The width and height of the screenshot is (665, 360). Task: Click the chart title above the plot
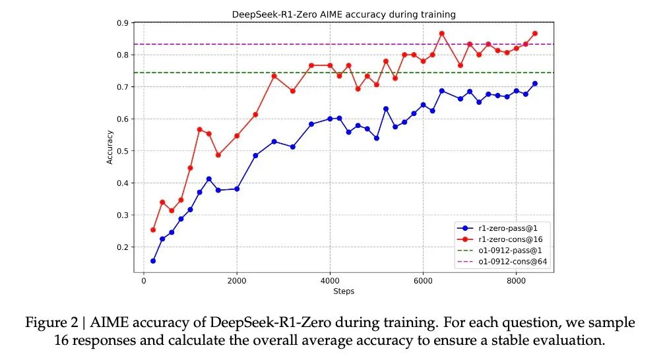tap(344, 14)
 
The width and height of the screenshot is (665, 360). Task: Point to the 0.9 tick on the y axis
tap(123, 23)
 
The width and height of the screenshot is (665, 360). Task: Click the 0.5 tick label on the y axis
tap(123, 151)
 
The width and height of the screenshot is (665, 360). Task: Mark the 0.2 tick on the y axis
tap(123, 247)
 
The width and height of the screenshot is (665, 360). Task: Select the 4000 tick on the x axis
tap(330, 280)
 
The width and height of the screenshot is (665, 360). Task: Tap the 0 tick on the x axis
tap(143, 280)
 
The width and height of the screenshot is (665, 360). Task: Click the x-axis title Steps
tap(344, 291)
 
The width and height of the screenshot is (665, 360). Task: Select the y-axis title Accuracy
tap(110, 147)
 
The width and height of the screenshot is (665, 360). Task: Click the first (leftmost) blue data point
tap(153, 261)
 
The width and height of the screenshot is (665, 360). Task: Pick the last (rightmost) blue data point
tap(534, 84)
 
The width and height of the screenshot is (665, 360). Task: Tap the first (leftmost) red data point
tap(153, 230)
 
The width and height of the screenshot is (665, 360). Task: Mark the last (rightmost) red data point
tap(534, 33)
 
